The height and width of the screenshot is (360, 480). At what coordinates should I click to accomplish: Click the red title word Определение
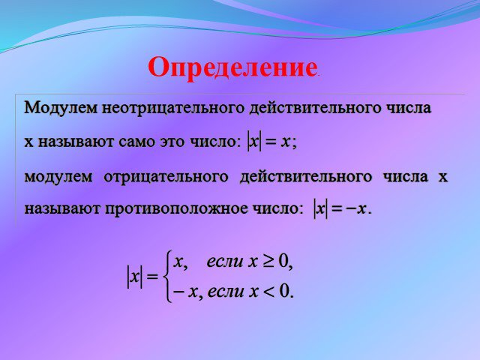click(x=232, y=68)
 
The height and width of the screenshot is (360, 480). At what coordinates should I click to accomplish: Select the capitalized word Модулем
click(x=61, y=108)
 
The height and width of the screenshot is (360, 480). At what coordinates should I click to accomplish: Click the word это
click(x=172, y=142)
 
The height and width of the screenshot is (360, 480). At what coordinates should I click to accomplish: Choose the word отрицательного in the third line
click(x=166, y=177)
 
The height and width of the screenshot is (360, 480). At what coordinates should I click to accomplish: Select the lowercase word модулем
click(x=58, y=177)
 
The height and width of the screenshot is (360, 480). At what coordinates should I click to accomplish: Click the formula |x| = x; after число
click(x=271, y=142)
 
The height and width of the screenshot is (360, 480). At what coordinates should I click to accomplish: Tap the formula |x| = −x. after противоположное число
click(x=342, y=209)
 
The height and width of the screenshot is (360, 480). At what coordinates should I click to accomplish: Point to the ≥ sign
click(x=268, y=262)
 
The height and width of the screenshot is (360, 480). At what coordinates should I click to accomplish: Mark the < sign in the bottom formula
click(x=268, y=292)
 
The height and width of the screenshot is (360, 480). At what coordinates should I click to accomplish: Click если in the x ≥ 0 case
click(x=225, y=262)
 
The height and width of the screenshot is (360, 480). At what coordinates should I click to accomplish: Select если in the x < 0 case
click(x=225, y=292)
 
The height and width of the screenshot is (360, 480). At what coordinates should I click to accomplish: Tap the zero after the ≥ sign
click(x=283, y=262)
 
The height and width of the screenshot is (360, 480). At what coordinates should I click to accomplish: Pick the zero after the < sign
click(x=284, y=291)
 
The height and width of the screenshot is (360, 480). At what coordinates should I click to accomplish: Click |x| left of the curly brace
click(x=135, y=277)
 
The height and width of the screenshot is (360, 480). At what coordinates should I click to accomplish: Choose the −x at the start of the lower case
click(x=185, y=292)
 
